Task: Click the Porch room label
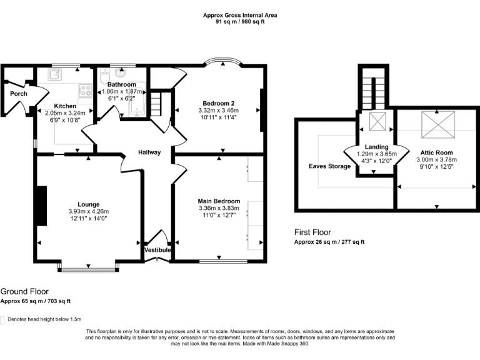click(x=18, y=94)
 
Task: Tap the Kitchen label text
click(x=64, y=106)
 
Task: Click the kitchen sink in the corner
click(x=55, y=74)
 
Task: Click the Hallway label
click(x=149, y=152)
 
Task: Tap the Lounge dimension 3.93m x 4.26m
click(x=89, y=211)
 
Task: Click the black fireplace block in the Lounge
click(x=41, y=206)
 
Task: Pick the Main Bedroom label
click(x=219, y=201)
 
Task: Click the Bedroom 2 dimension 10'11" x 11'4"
click(x=219, y=117)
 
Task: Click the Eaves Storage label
click(x=329, y=166)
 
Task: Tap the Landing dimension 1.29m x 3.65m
click(x=377, y=154)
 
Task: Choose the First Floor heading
click(x=312, y=232)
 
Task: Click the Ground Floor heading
click(x=24, y=291)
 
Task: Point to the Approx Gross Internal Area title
click(x=240, y=15)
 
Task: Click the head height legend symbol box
click(x=2, y=319)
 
